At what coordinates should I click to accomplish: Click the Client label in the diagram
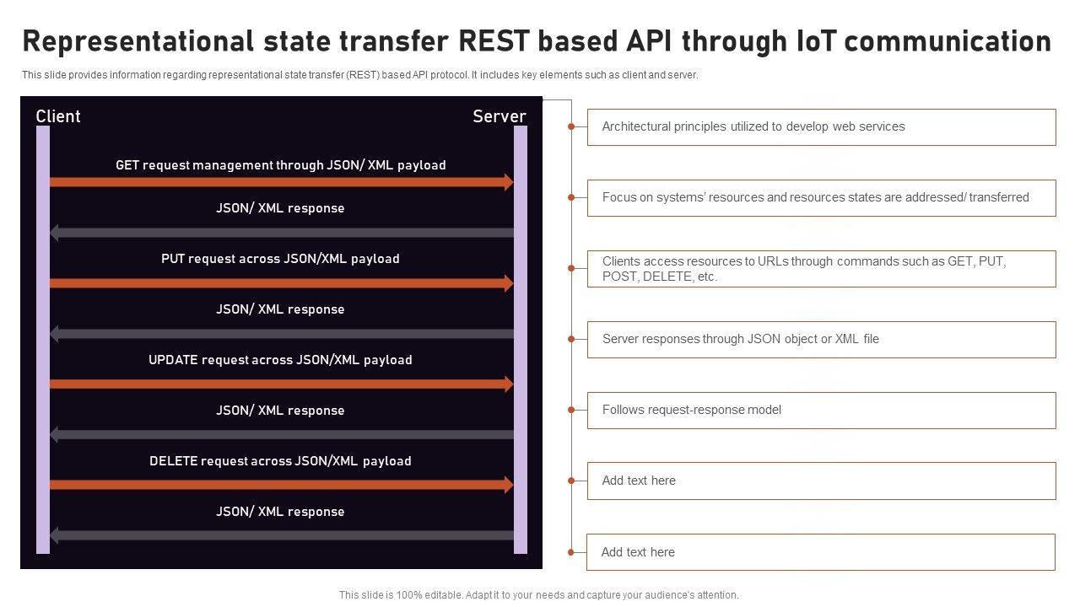pyautogui.click(x=58, y=116)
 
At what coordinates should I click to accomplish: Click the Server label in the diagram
pyautogui.click(x=499, y=116)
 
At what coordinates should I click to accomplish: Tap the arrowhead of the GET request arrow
pyautogui.click(x=509, y=182)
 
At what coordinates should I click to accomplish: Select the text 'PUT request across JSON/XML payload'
pyautogui.click(x=280, y=259)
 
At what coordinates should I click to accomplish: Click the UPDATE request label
pyautogui.click(x=280, y=360)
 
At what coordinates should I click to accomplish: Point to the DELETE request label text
pyautogui.click(x=280, y=461)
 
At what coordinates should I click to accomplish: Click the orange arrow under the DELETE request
pyautogui.click(x=278, y=485)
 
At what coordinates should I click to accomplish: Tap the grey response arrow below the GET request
pyautogui.click(x=283, y=233)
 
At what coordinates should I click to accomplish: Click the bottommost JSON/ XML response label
pyautogui.click(x=280, y=512)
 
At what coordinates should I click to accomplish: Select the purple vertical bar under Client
pyautogui.click(x=43, y=337)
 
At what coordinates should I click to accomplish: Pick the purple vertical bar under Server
pyautogui.click(x=521, y=337)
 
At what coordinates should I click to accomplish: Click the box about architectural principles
pyautogui.click(x=821, y=127)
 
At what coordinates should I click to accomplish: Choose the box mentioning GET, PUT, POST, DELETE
pyautogui.click(x=821, y=269)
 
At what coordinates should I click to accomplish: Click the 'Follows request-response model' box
pyautogui.click(x=821, y=411)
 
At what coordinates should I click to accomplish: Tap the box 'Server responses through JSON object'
pyautogui.click(x=821, y=340)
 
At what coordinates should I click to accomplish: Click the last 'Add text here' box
pyautogui.click(x=820, y=552)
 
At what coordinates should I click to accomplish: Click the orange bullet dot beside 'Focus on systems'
pyautogui.click(x=571, y=197)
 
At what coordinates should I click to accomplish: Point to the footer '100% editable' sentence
pyautogui.click(x=539, y=595)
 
